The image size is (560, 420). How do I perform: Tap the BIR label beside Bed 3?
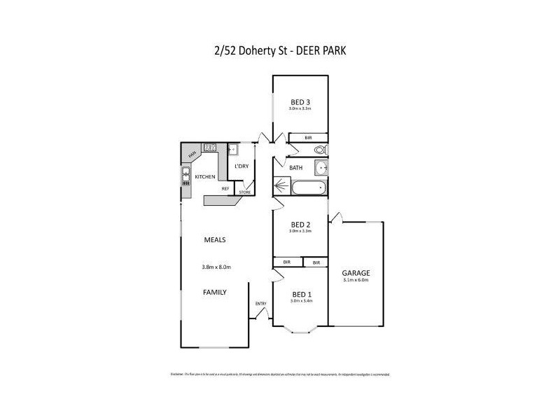pos(309,138)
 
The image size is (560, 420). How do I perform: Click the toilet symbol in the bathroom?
pos(320,150)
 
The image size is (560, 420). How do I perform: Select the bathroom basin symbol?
pos(321,167)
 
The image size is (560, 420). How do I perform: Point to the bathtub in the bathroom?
pos(309,188)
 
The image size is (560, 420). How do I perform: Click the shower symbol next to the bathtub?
pos(281,188)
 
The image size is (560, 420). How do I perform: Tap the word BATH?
pos(295,167)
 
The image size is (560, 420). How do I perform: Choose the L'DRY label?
pos(241,166)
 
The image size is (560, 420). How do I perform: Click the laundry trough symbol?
pos(233,149)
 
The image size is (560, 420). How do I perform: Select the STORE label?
pos(244,192)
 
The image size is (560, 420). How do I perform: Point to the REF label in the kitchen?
pos(225,188)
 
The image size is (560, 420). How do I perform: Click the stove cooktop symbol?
pos(209,147)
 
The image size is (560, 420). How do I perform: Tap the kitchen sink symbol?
pos(187,174)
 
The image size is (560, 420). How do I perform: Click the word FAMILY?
pos(215,292)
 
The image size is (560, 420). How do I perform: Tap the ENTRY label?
pos(261,303)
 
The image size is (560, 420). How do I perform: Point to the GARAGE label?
pos(356,273)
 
